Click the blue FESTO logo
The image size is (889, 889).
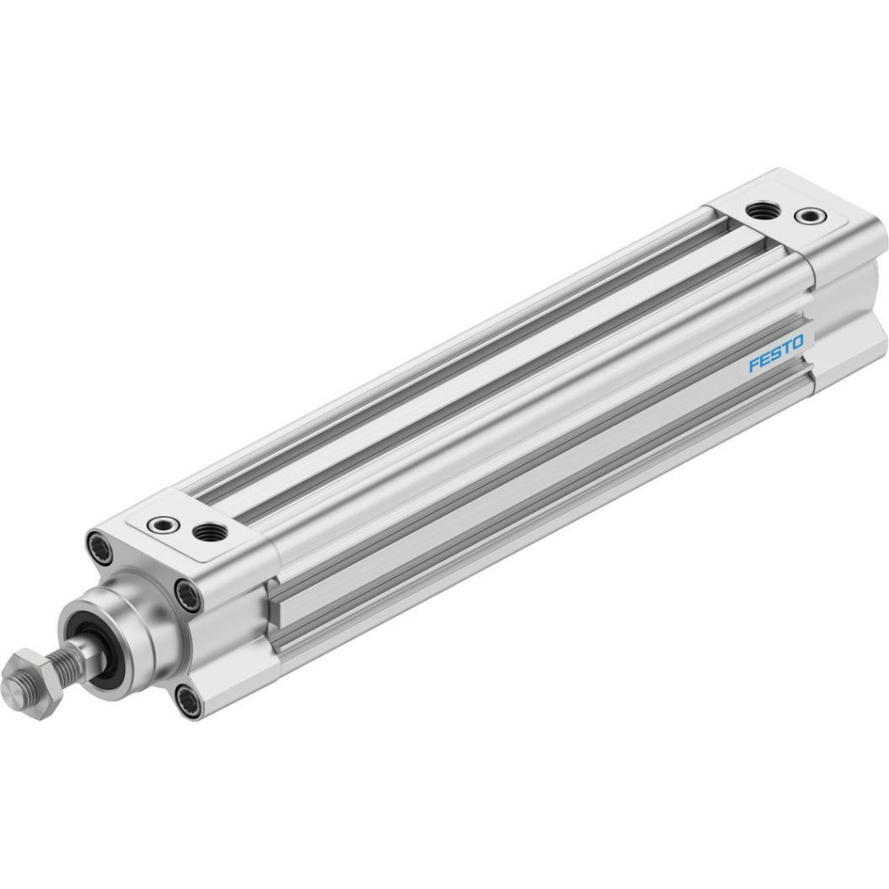(x=776, y=353)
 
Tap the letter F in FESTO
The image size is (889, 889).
(x=754, y=364)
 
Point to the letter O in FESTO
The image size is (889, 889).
(x=797, y=342)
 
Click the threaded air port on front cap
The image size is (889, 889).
(x=210, y=533)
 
